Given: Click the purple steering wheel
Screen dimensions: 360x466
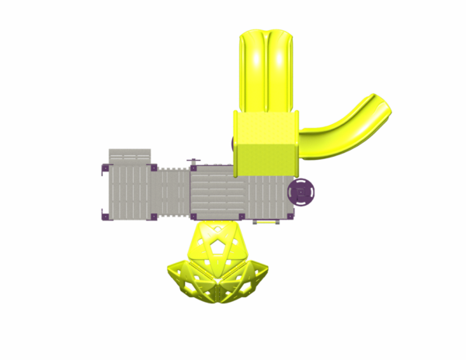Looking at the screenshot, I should point(301,192).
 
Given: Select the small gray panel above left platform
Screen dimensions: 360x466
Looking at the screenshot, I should point(130,156).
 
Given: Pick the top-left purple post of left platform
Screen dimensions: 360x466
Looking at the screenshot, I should point(105,167).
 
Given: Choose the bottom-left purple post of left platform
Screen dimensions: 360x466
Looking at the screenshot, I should point(105,216).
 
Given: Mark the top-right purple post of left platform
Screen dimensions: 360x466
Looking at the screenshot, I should point(154,167).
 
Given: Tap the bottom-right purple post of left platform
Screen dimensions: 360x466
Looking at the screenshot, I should point(154,216).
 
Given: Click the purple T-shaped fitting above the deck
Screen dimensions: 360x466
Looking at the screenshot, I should point(193,161).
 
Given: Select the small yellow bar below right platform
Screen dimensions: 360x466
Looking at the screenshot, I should point(266,222).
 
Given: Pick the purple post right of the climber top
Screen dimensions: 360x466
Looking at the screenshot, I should point(242,216).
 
